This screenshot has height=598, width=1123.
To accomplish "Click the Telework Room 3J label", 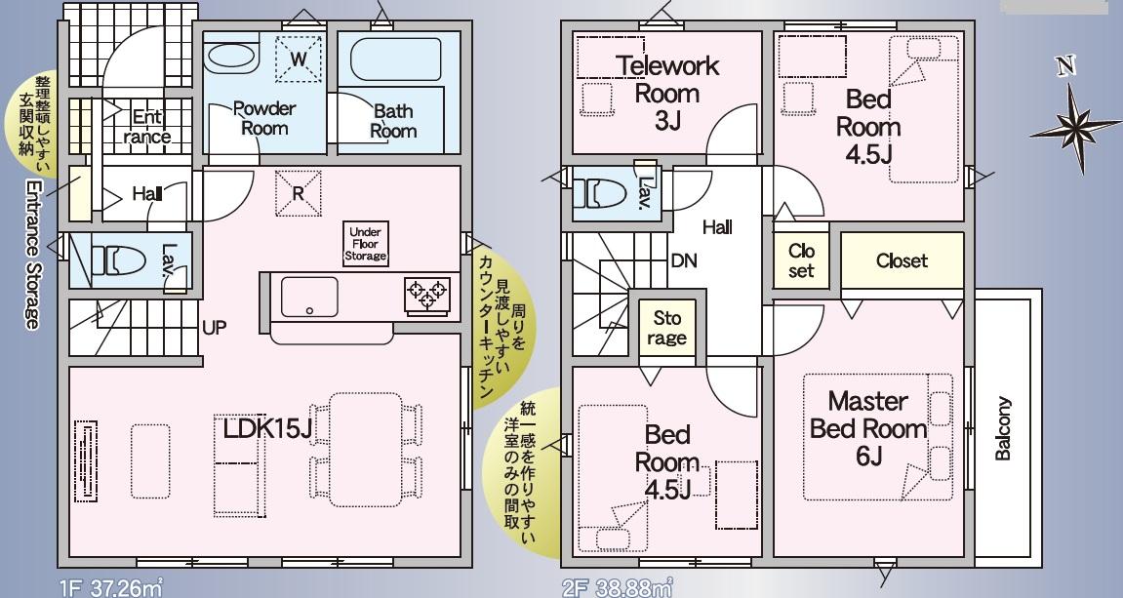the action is point(667,93).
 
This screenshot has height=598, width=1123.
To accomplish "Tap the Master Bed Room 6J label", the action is point(868,428).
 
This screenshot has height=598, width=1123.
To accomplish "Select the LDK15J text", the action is point(267,428).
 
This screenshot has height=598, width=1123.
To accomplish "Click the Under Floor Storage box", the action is point(365,244).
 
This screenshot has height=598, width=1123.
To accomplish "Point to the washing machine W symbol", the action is point(299,59).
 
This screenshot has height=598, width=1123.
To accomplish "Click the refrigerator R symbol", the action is point(298,192).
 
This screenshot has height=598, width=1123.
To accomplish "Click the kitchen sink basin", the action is point(309,297).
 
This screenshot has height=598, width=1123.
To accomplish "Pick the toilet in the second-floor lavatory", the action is point(600,193).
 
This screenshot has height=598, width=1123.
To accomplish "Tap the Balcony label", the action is point(1003,428).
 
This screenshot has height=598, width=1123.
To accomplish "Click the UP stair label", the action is point(214,328).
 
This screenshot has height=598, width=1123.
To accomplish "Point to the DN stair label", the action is point(684,261).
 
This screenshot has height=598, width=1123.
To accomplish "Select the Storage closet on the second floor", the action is point(666,329).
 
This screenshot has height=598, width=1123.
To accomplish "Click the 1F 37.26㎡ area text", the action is point(111,589).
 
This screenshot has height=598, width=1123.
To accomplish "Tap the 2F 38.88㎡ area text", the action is point(618,589).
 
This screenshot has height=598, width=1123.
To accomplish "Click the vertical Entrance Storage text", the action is point(31,255).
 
